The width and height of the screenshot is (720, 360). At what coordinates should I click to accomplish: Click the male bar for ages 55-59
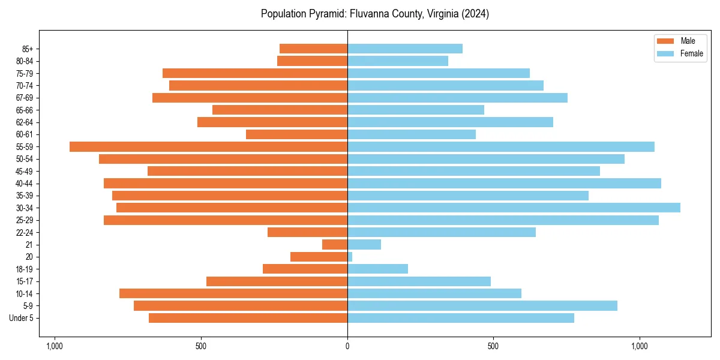[208, 146]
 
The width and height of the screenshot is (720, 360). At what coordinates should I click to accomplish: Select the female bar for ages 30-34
[514, 208]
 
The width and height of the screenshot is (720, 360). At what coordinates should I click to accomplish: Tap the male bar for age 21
[335, 244]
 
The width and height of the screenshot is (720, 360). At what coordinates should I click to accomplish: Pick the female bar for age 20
[350, 257]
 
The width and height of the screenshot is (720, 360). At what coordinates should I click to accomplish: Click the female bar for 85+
[405, 49]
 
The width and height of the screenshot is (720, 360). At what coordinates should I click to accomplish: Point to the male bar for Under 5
[248, 318]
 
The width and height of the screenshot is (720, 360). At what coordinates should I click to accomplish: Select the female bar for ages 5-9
[482, 305]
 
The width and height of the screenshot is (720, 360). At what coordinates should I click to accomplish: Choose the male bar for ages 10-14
[233, 293]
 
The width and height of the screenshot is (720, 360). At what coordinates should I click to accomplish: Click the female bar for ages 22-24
[442, 232]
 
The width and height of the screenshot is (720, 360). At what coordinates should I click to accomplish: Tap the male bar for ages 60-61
[296, 134]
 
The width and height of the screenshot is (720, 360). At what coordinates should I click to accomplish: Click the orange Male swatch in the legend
[666, 41]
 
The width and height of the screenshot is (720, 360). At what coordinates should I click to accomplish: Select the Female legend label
[692, 53]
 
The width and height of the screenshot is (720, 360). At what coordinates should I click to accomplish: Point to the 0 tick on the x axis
[347, 346]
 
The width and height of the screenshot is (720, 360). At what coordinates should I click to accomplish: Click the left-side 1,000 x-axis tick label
[55, 346]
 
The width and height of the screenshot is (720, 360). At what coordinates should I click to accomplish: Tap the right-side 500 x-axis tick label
[493, 346]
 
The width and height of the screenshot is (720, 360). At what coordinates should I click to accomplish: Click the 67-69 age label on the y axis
[25, 98]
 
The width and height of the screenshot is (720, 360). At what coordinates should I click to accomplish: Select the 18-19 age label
[25, 269]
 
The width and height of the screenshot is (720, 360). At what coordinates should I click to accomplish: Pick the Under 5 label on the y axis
[22, 318]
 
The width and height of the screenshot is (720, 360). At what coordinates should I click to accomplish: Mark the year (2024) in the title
[476, 14]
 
